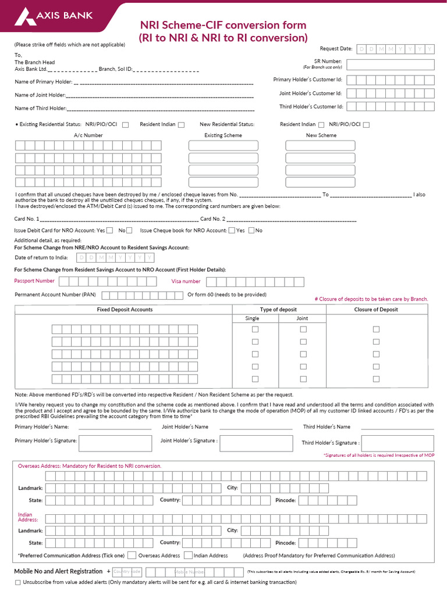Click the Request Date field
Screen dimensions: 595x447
[395, 49]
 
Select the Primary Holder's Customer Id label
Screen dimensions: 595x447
[308, 80]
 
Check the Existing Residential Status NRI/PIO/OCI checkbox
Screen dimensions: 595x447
[126, 124]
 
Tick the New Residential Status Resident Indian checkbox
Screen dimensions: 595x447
[321, 124]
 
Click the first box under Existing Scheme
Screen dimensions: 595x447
[223, 145]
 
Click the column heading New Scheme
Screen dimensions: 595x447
[321, 135]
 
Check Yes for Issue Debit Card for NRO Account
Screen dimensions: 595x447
[110, 231]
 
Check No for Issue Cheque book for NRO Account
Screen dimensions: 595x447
[251, 231]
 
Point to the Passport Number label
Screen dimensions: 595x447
[34, 281]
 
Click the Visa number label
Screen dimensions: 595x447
[186, 281]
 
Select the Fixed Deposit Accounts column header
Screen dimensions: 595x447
[125, 310]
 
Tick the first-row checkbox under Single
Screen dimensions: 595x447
[254, 329]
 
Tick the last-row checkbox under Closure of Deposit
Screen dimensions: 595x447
[376, 379]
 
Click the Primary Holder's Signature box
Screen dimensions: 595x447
[116, 443]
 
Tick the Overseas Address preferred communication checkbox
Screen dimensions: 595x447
[132, 555]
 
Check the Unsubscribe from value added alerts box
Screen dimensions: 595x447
[17, 582]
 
